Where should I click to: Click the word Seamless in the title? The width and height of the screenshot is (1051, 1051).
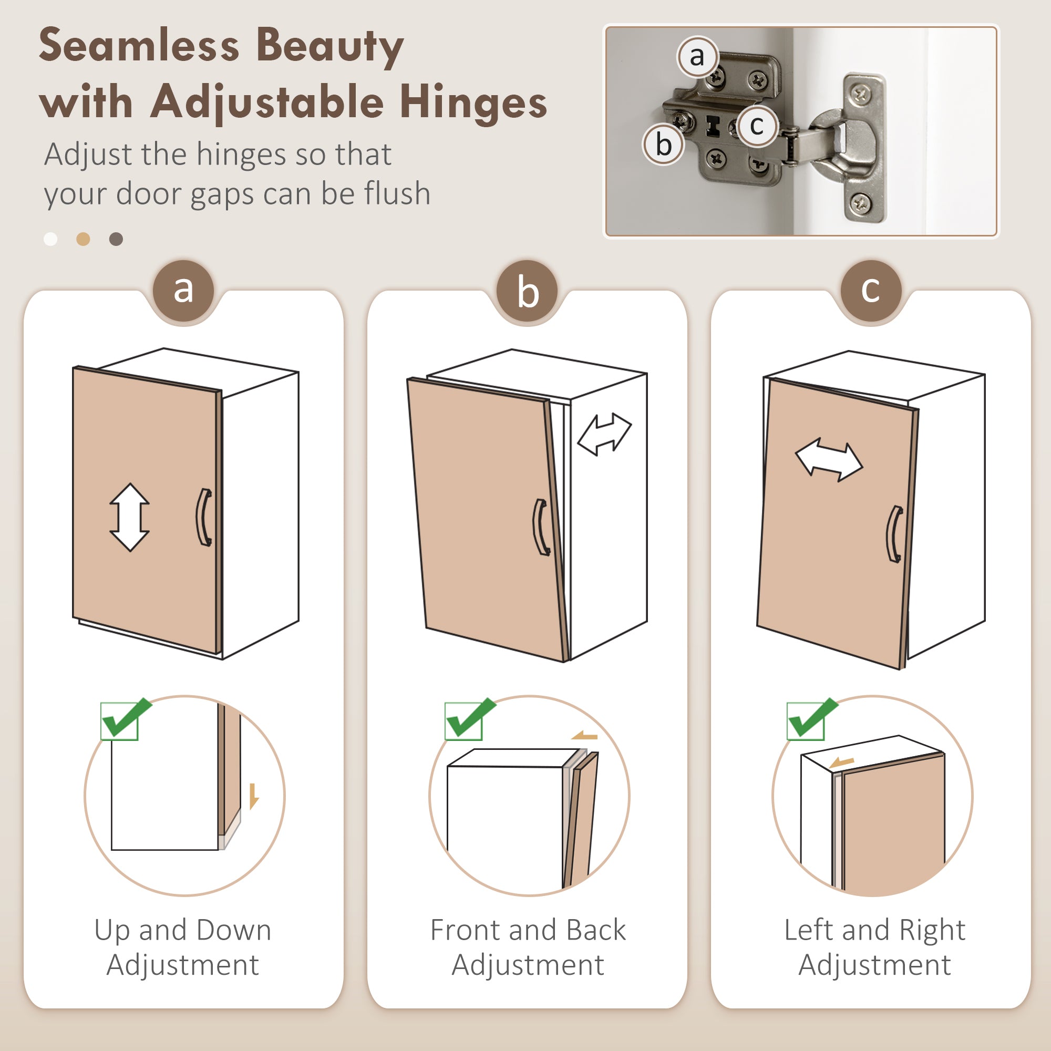click(x=139, y=45)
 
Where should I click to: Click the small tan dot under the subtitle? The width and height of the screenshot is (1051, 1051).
click(x=83, y=239)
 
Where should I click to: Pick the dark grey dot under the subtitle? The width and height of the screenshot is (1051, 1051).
click(x=116, y=239)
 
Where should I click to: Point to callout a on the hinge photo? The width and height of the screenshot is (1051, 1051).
click(x=697, y=56)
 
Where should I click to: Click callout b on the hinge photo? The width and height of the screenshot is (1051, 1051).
click(x=664, y=145)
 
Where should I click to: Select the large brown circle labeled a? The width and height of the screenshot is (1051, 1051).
click(x=183, y=291)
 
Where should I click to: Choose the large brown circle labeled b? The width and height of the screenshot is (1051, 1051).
click(x=527, y=291)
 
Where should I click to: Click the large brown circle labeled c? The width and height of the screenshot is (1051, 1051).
click(x=871, y=291)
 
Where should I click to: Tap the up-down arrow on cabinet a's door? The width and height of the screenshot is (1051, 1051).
click(x=129, y=517)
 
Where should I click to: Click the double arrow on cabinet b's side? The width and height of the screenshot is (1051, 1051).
click(x=604, y=434)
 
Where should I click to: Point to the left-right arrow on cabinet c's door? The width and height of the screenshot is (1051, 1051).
click(x=829, y=460)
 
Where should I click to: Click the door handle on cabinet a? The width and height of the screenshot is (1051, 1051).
click(x=204, y=517)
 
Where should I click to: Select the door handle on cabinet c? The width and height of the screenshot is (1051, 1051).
click(x=894, y=534)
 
